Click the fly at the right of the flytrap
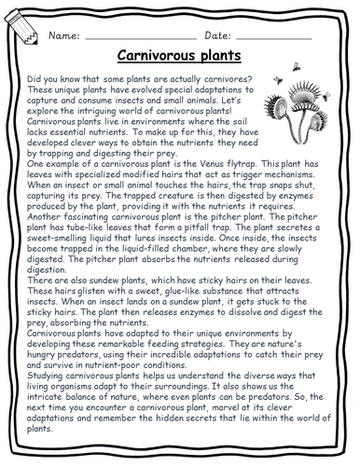(321, 96)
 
